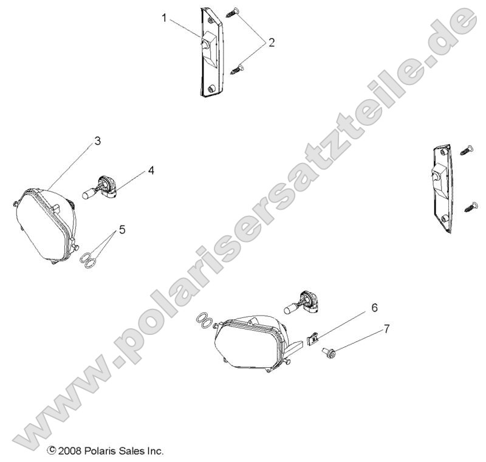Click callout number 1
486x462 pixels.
coord(165,18)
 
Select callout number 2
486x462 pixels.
coord(272,43)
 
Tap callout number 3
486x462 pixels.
coord(97,142)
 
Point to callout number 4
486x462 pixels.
coord(150,171)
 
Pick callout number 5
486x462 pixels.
coord(122,229)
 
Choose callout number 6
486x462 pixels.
coord(375,308)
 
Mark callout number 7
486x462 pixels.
coord(386,329)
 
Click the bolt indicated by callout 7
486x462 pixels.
coord(332,351)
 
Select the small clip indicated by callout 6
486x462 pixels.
coord(313,337)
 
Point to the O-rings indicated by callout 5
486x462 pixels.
coord(89,259)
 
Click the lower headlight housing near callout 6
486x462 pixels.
coord(249,343)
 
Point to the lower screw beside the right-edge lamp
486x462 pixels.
coord(470,207)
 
